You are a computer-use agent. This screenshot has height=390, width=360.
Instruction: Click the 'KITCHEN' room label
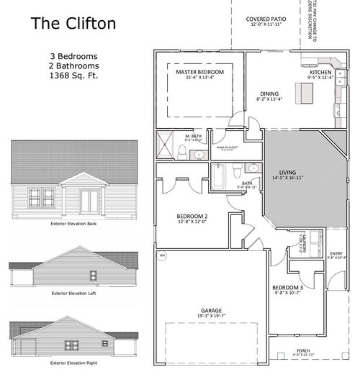(x=320, y=73)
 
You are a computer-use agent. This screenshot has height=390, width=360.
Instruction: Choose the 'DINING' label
(x=269, y=94)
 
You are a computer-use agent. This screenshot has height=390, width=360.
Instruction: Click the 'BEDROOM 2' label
(x=192, y=217)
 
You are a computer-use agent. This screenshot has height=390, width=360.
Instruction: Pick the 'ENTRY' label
(x=336, y=253)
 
